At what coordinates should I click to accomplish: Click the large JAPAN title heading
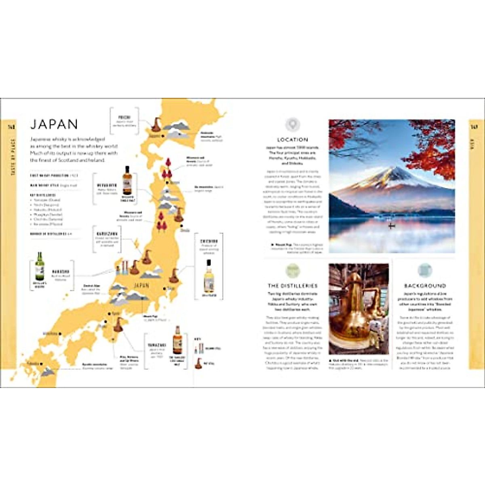pyautogui.click(x=54, y=124)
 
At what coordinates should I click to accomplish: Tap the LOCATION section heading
pyautogui.click(x=293, y=139)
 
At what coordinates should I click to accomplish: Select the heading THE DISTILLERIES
pyautogui.click(x=293, y=286)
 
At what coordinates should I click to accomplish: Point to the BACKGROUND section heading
pyautogui.click(x=425, y=286)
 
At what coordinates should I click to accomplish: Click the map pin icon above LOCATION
pyautogui.click(x=293, y=124)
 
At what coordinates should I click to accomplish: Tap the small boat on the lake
pyautogui.click(x=391, y=226)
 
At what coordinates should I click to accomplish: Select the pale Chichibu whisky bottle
pyautogui.click(x=209, y=276)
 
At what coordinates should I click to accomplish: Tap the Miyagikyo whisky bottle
pyautogui.click(x=127, y=181)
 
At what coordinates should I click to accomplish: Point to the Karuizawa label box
pyautogui.click(x=107, y=239)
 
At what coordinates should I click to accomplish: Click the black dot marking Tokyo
pyautogui.click(x=163, y=289)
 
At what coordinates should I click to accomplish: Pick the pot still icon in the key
pyautogui.click(x=198, y=363)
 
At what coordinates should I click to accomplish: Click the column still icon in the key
pyautogui.click(x=198, y=348)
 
